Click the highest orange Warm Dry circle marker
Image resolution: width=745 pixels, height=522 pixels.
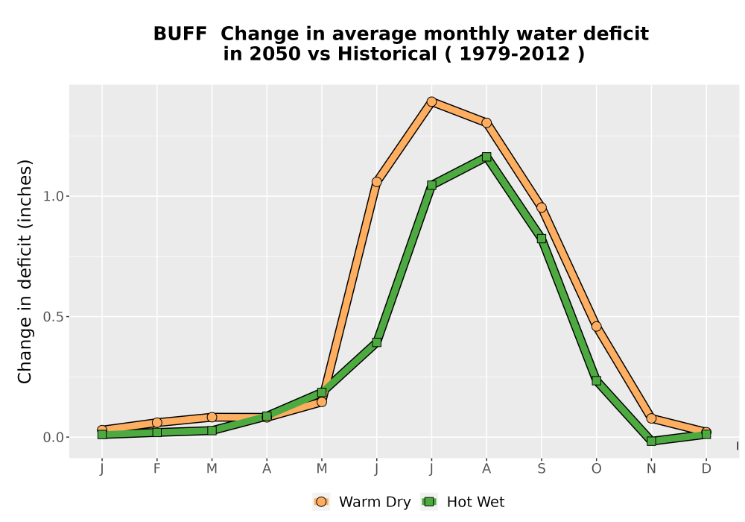pos(431,101)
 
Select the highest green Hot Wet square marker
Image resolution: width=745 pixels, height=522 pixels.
pos(486,157)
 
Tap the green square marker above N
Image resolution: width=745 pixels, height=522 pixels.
pos(651,441)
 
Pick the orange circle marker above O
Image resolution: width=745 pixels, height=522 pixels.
pos(596,326)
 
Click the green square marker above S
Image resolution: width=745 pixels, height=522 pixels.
pos(542,239)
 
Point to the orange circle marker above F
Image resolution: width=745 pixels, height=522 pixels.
pos(156,422)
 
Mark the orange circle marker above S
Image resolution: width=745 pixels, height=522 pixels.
pos(542,207)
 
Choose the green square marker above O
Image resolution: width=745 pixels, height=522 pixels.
pos(596,380)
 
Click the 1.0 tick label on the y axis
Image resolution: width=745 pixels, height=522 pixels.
pos(53,196)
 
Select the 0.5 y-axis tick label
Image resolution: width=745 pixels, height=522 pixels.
pos(53,317)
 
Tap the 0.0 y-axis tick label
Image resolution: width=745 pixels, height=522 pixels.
pos(53,438)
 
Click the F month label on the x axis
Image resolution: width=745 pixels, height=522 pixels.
pos(156,469)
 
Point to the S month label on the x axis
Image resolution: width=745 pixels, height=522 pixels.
pos(542,469)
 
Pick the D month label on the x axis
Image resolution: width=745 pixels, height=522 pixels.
pos(706,469)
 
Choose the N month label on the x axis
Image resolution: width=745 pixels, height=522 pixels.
pos(651,469)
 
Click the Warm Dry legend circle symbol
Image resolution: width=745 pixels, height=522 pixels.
pos(321,502)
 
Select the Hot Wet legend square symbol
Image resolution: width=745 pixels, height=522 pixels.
pos(430,502)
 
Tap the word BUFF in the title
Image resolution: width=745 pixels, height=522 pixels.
pos(180,34)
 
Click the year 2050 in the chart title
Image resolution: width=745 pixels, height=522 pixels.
pos(275,54)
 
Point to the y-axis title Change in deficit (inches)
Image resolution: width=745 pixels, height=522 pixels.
pos(25,271)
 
